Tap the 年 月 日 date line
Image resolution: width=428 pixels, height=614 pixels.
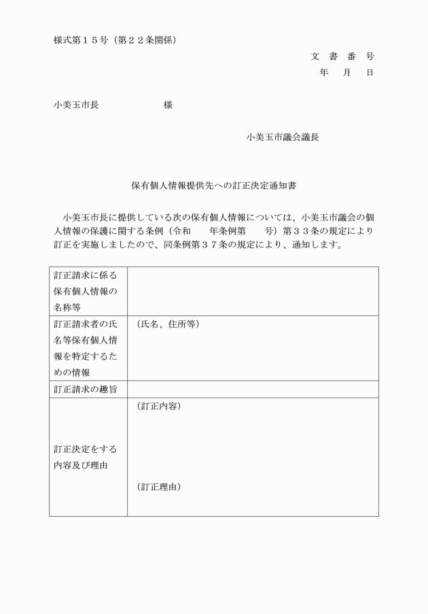[346, 73]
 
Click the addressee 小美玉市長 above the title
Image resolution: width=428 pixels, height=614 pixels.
[76, 105]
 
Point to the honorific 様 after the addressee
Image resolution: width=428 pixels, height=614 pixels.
[168, 105]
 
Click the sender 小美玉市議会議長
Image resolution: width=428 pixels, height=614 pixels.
[283, 137]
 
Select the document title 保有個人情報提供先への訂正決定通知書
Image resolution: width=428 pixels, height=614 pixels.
[214, 184]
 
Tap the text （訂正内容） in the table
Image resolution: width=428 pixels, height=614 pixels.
[158, 407]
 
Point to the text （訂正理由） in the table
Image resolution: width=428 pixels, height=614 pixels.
[158, 487]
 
